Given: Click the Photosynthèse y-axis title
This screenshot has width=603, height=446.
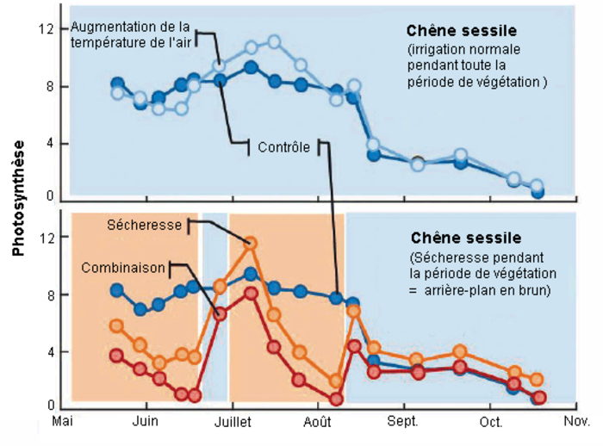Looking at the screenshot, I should [18, 199].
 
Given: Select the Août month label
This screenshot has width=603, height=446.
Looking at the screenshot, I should [319, 422].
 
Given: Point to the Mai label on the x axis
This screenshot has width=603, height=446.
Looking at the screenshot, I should [63, 422].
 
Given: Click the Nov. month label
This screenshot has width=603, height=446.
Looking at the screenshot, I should [576, 422].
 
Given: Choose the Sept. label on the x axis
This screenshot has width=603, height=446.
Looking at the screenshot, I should [403, 422].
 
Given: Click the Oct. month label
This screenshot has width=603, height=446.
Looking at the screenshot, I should [491, 422].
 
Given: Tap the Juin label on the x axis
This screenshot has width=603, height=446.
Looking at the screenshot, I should [145, 422].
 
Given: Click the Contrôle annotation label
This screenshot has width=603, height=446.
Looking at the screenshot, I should [283, 147].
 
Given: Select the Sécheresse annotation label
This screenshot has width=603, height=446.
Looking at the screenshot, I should [145, 226].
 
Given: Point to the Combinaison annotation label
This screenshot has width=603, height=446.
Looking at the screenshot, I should [123, 268].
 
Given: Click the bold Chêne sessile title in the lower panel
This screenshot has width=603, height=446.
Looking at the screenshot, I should [466, 237].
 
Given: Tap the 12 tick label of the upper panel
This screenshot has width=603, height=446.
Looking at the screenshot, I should [50, 29].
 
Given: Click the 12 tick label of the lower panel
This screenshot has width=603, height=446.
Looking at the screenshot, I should [50, 238].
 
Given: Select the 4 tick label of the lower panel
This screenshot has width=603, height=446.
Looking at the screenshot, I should [53, 351].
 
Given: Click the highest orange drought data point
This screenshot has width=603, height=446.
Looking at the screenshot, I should [251, 245].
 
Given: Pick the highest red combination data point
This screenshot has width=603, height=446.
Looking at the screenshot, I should [251, 294].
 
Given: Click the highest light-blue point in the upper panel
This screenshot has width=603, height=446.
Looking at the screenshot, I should [274, 41].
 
